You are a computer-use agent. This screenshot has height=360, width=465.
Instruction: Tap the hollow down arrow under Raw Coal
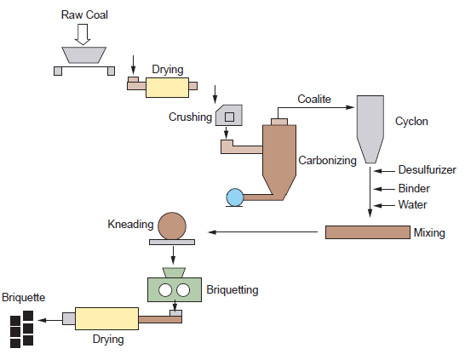click(x=82, y=34)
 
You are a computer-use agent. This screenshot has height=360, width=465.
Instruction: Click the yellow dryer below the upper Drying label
click(x=167, y=89)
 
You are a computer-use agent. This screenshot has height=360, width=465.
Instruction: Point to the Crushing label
click(x=190, y=117)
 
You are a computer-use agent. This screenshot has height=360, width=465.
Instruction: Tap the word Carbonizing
click(x=327, y=160)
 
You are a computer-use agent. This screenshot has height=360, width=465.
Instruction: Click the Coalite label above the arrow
click(x=314, y=100)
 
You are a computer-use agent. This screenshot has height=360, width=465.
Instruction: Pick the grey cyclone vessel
click(x=370, y=128)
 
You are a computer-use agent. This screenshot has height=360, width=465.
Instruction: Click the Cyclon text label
click(x=411, y=122)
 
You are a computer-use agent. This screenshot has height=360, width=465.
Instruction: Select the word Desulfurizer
click(x=428, y=170)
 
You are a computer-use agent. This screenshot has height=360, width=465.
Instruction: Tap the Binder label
click(x=414, y=188)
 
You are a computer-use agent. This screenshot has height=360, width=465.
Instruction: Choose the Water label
click(x=412, y=204)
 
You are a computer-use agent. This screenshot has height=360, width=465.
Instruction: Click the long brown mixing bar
click(x=367, y=231)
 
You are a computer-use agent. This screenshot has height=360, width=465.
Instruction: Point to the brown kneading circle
click(x=174, y=226)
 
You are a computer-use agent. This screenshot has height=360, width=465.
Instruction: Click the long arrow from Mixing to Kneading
click(x=264, y=231)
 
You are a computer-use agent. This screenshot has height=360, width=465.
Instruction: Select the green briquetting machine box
click(x=174, y=290)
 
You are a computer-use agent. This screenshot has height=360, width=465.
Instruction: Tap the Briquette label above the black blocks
click(x=23, y=297)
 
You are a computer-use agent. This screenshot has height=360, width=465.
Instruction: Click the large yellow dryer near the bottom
click(x=106, y=318)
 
